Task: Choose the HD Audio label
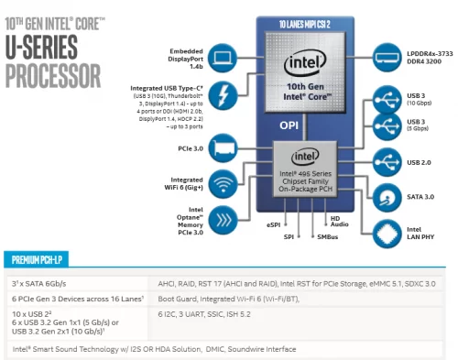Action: click(340, 222)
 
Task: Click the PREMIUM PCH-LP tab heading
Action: click(42, 259)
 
